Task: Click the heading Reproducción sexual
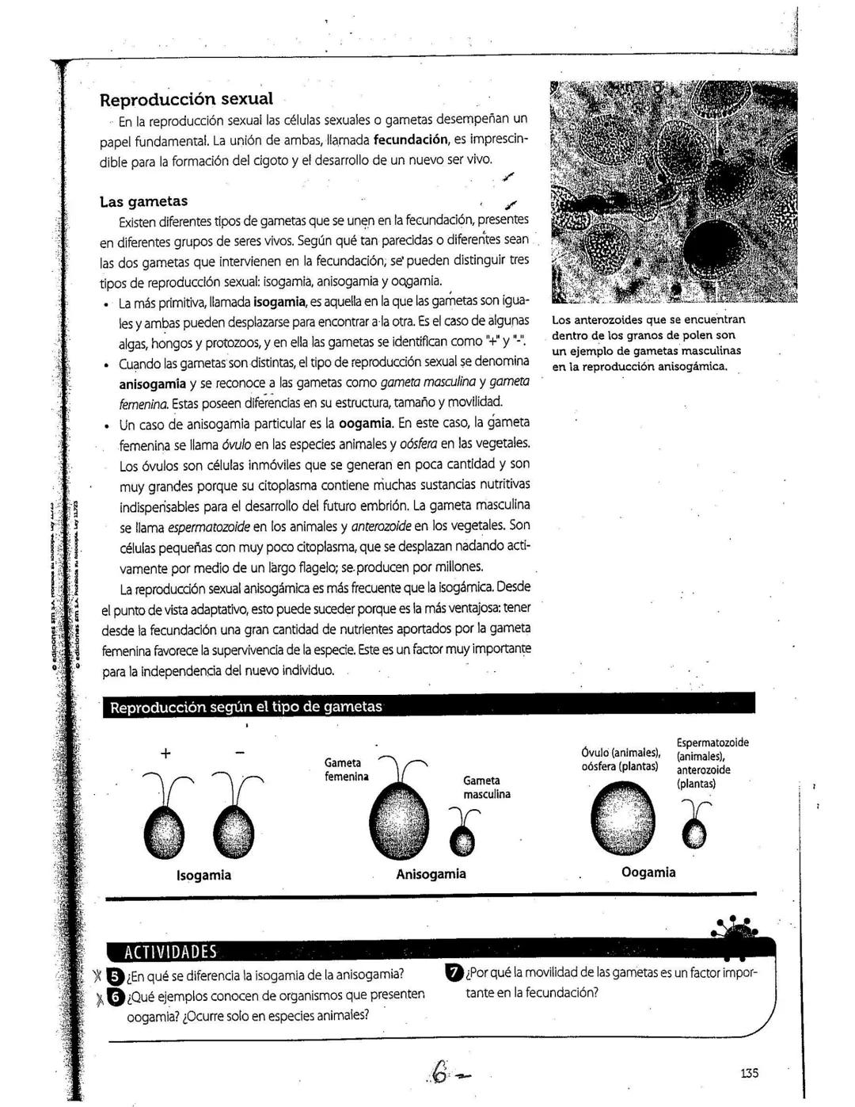coord(186,100)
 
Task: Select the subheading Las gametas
coord(143,200)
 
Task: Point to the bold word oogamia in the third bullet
coord(366,423)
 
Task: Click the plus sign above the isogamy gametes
coord(165,753)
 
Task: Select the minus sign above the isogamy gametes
coord(240,753)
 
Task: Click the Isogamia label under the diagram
coord(203,875)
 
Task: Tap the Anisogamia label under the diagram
coord(431,874)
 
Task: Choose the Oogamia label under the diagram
coord(648,872)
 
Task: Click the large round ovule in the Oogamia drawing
coord(625,818)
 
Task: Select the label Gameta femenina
coord(347,769)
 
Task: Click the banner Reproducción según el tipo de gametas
coord(246,706)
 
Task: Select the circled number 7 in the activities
coord(454,973)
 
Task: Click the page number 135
coord(749,1073)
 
